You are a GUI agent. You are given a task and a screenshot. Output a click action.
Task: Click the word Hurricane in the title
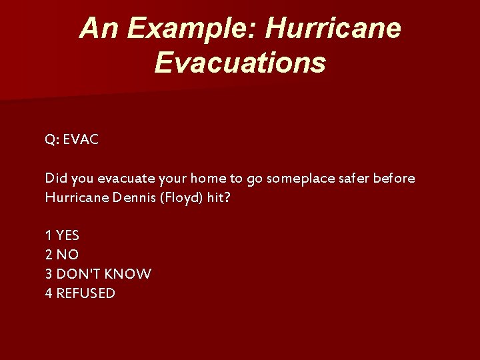click(333, 29)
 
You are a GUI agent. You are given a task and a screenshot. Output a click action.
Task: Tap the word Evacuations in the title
click(240, 63)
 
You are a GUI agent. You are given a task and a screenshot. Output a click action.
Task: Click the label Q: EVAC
click(72, 139)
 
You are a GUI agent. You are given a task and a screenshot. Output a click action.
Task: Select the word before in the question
click(395, 179)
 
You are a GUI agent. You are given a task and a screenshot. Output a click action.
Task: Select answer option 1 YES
click(62, 235)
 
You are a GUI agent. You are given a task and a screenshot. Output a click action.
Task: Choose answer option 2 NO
click(61, 255)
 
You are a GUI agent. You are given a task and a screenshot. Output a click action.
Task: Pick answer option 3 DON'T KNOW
click(98, 274)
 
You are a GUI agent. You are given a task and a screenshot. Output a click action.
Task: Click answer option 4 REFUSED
click(80, 293)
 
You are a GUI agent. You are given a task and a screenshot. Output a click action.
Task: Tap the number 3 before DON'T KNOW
click(49, 274)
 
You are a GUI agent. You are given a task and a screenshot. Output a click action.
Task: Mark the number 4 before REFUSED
click(49, 293)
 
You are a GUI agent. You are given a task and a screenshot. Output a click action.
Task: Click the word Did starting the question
click(55, 179)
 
